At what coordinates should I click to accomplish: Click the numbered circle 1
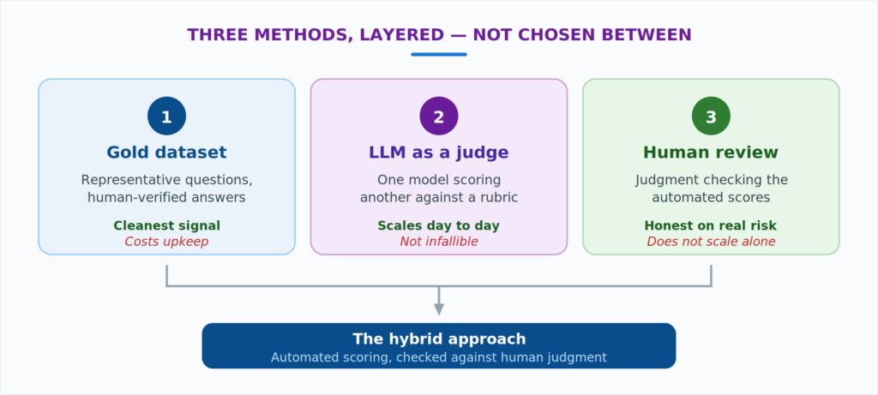pyautogui.click(x=167, y=116)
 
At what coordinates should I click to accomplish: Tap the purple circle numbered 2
pyautogui.click(x=439, y=116)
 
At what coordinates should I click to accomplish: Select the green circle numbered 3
pyautogui.click(x=711, y=116)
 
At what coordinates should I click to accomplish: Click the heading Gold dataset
pyautogui.click(x=167, y=153)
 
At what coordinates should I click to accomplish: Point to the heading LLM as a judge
pyautogui.click(x=439, y=153)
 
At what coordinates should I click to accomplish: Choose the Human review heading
pyautogui.click(x=711, y=153)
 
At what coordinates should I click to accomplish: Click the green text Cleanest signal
pyautogui.click(x=167, y=225)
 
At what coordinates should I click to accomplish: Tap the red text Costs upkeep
pyautogui.click(x=167, y=242)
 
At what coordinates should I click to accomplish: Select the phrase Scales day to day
pyautogui.click(x=439, y=225)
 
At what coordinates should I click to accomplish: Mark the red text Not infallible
pyautogui.click(x=439, y=242)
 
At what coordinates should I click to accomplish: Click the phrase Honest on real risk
pyautogui.click(x=711, y=225)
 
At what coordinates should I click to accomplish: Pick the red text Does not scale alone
pyautogui.click(x=711, y=242)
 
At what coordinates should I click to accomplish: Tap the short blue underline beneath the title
pyautogui.click(x=439, y=54)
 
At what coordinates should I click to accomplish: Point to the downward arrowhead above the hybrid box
pyautogui.click(x=439, y=309)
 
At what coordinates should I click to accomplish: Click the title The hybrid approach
pyautogui.click(x=439, y=339)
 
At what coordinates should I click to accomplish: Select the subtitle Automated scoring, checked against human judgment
pyautogui.click(x=439, y=357)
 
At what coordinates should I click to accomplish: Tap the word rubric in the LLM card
pyautogui.click(x=498, y=198)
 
